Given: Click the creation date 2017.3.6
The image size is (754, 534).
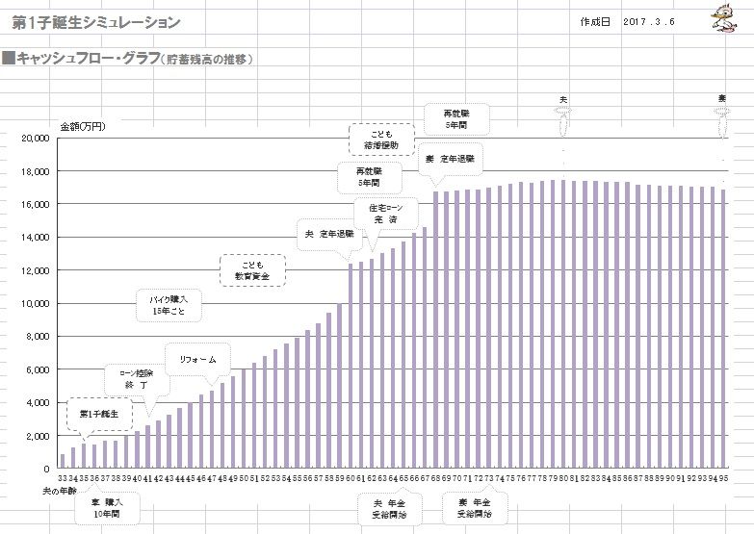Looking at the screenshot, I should [x=648, y=21].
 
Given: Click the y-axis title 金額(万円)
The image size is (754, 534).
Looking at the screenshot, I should [x=83, y=125].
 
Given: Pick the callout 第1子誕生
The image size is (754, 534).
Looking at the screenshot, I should [x=98, y=413].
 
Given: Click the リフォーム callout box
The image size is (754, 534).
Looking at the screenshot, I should [x=198, y=359].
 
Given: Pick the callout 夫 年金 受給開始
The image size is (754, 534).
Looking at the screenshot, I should [x=388, y=507].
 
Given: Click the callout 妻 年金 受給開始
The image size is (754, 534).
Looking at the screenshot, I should [x=472, y=507].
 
